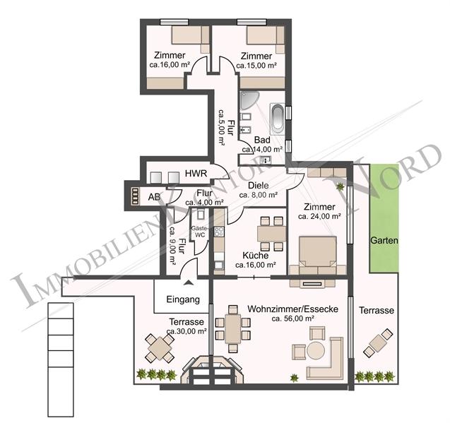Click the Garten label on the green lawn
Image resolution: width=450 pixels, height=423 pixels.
point(384,241)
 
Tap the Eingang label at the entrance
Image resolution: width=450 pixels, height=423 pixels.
point(182,299)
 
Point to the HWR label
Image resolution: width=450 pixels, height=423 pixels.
point(195,174)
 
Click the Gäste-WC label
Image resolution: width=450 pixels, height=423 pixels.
point(199,231)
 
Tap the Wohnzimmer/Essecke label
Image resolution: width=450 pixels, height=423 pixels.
point(292,309)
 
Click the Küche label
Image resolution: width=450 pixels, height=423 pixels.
point(254,256)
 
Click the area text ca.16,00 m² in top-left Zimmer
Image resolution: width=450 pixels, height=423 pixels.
point(170,65)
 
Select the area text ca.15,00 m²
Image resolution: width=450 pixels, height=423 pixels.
point(256,65)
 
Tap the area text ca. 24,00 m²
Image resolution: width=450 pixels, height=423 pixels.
point(319,217)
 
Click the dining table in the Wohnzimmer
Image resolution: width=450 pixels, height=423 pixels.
point(233,328)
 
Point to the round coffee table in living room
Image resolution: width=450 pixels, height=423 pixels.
point(316,350)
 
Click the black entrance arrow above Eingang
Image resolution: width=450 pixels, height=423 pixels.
point(186,281)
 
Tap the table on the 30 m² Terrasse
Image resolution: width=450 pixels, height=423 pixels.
point(160,347)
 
